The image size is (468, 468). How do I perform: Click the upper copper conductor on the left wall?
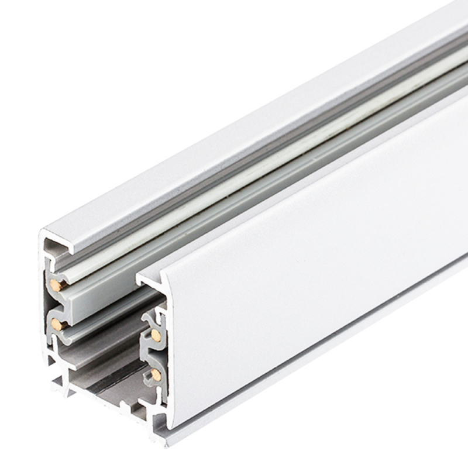pyautogui.click(x=56, y=285)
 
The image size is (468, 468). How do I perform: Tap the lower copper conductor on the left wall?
pyautogui.click(x=56, y=324)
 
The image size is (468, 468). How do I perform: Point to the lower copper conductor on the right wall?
pyautogui.click(x=156, y=374)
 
